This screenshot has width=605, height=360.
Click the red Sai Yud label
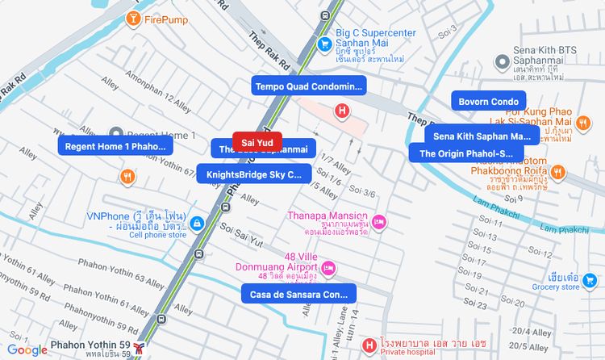point(257,142)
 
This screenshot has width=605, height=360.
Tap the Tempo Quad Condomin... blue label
point(310,86)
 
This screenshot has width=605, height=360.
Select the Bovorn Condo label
point(488,102)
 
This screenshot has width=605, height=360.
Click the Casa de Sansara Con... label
point(298,295)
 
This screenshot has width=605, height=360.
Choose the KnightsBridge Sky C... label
point(253,174)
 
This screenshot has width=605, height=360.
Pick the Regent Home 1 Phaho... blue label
point(115,146)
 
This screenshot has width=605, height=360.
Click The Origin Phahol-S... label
point(465,153)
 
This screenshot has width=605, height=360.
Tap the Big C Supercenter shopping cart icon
point(324,44)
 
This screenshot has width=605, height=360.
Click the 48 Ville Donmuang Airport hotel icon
point(328,267)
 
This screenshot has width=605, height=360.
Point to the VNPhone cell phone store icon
point(198,223)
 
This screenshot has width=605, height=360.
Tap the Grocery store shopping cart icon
point(590,280)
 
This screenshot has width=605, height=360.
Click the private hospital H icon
point(369,346)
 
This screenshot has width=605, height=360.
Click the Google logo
point(27,350)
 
